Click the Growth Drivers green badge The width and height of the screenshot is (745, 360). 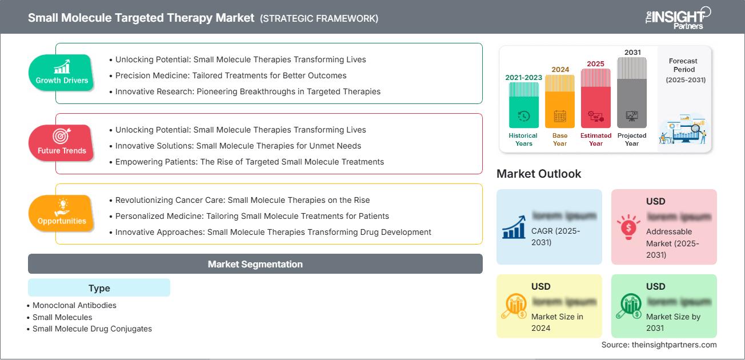pos(62,73)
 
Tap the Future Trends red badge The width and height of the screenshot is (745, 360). pos(62,143)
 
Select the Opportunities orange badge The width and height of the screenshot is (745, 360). pos(62,214)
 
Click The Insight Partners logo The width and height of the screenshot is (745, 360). pos(678,17)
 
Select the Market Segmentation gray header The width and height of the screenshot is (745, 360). pos(255,264)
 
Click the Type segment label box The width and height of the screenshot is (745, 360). pos(99,288)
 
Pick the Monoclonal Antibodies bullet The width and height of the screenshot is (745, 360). pos(74,305)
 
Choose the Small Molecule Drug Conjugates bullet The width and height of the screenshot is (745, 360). pos(92,329)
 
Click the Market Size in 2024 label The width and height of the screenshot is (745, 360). pos(557,322)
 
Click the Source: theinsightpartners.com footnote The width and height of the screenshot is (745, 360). pos(659,345)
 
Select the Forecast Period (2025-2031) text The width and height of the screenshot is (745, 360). pos(684,70)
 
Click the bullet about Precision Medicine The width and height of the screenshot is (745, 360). pos(231,75)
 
